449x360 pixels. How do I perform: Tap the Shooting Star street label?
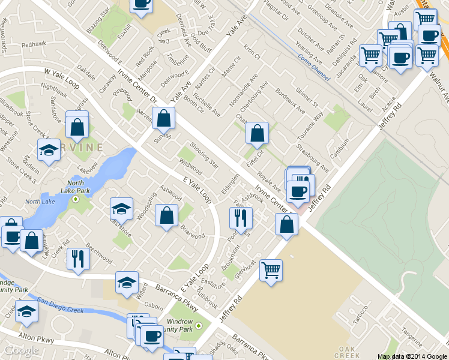coord(205,153)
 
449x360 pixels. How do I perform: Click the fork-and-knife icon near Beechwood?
coord(78,259)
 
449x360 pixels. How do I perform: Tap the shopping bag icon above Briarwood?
coord(167,216)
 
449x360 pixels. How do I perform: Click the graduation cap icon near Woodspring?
coord(121,209)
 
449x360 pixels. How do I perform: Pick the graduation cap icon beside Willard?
coord(127,283)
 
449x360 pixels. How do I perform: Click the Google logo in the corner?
coord(20,350)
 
